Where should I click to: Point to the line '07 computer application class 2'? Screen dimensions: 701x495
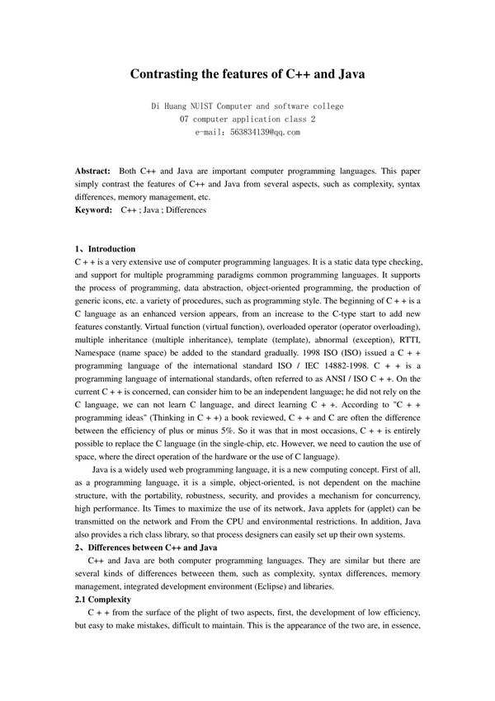click(247, 119)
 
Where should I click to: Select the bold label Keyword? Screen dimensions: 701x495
click(93, 210)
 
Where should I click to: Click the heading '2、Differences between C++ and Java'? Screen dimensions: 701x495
click(146, 547)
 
